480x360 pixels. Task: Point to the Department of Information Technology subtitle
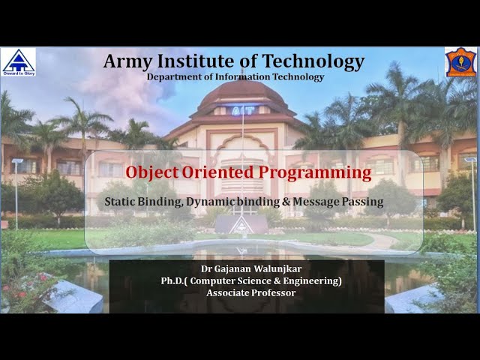click(x=235, y=77)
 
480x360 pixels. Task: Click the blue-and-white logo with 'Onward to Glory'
click(x=18, y=62)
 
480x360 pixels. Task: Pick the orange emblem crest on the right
click(x=460, y=62)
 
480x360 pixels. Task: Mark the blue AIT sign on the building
click(x=241, y=109)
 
